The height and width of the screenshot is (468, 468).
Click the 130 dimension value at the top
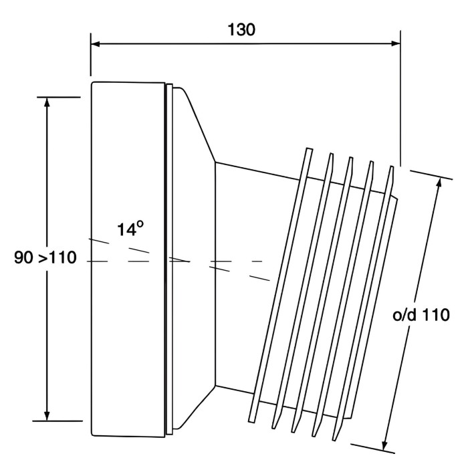pos(241,30)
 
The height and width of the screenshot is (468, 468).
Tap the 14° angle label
pos(130,229)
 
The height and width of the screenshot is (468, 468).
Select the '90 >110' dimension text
pos(46,257)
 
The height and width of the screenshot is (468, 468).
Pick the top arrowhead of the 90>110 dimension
pos(47,102)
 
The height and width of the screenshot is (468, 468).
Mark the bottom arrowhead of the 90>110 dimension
pos(47,415)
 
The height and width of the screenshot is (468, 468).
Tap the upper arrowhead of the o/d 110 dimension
pos(440,182)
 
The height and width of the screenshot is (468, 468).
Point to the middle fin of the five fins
pos(325,291)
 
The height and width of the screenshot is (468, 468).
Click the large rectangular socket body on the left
pos(127,167)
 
